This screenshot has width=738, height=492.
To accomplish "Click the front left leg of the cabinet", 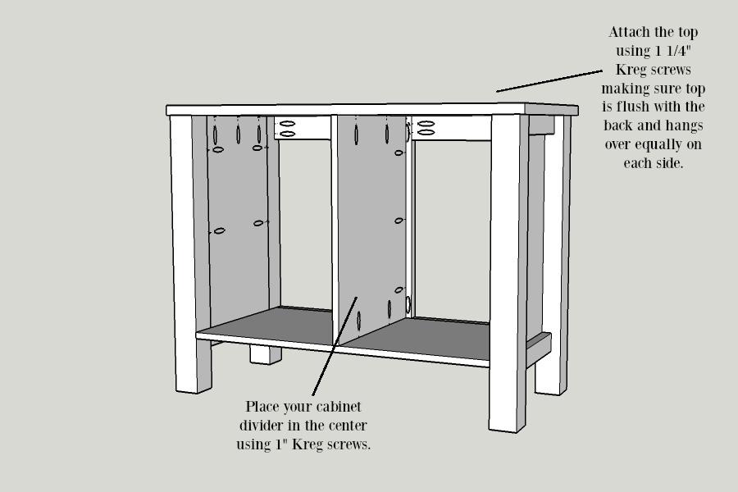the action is pos(188,254).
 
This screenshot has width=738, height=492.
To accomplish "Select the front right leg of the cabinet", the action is pos(508,273).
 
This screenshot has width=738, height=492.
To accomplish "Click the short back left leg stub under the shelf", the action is pos(266,354).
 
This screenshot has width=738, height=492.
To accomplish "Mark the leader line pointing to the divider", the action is pos(335,346).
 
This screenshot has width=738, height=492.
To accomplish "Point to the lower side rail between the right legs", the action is pos(539,350).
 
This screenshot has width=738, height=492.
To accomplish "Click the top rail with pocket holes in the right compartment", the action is pos(452,128).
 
